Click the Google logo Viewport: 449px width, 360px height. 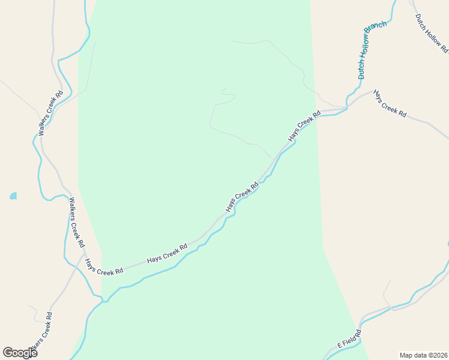click(20, 353)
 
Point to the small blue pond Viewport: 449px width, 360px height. click(13, 196)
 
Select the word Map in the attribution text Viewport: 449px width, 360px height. click(406, 355)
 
